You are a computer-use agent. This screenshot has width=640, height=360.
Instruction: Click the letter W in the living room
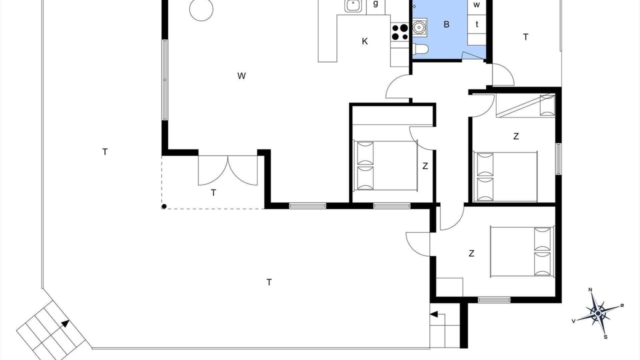(241, 76)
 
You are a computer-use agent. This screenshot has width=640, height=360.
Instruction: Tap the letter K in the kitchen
(364, 41)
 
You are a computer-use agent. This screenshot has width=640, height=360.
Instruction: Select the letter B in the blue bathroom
(446, 24)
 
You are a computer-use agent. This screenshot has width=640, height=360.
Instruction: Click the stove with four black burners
(399, 32)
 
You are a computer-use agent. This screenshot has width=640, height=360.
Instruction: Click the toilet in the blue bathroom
(420, 49)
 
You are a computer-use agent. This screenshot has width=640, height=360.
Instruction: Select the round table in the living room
(201, 9)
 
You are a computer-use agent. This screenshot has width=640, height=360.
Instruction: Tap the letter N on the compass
(590, 289)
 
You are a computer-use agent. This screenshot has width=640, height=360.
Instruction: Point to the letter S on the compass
(605, 337)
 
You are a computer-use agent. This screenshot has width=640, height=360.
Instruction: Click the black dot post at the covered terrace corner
(164, 206)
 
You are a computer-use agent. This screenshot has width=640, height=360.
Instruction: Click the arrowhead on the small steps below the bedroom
(433, 314)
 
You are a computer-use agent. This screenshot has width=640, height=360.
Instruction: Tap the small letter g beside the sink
(375, 3)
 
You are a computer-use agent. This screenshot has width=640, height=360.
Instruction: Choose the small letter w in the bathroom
(476, 4)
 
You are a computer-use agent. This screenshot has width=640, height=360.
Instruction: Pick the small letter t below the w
(476, 24)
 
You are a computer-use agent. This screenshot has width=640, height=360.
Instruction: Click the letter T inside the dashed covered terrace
(213, 193)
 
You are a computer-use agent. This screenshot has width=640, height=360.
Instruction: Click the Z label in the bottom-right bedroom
(471, 253)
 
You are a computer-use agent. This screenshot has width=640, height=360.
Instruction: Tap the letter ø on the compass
(622, 305)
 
